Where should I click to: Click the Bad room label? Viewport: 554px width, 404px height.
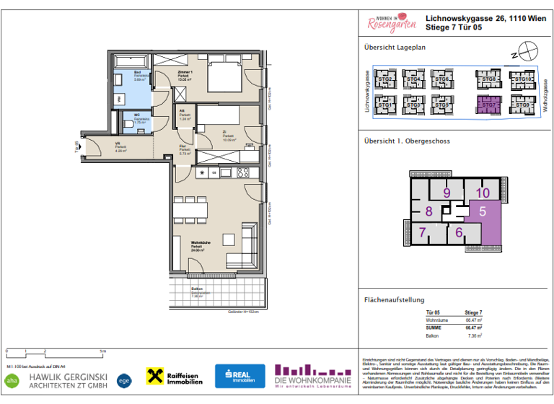click(138, 74)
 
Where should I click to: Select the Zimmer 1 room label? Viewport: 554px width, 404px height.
click(184, 75)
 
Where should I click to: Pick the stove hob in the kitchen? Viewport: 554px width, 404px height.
click(243, 172)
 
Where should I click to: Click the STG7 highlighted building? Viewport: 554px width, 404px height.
click(489, 105)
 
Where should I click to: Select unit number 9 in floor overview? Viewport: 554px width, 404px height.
click(447, 193)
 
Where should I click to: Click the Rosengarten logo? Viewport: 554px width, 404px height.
click(392, 23)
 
